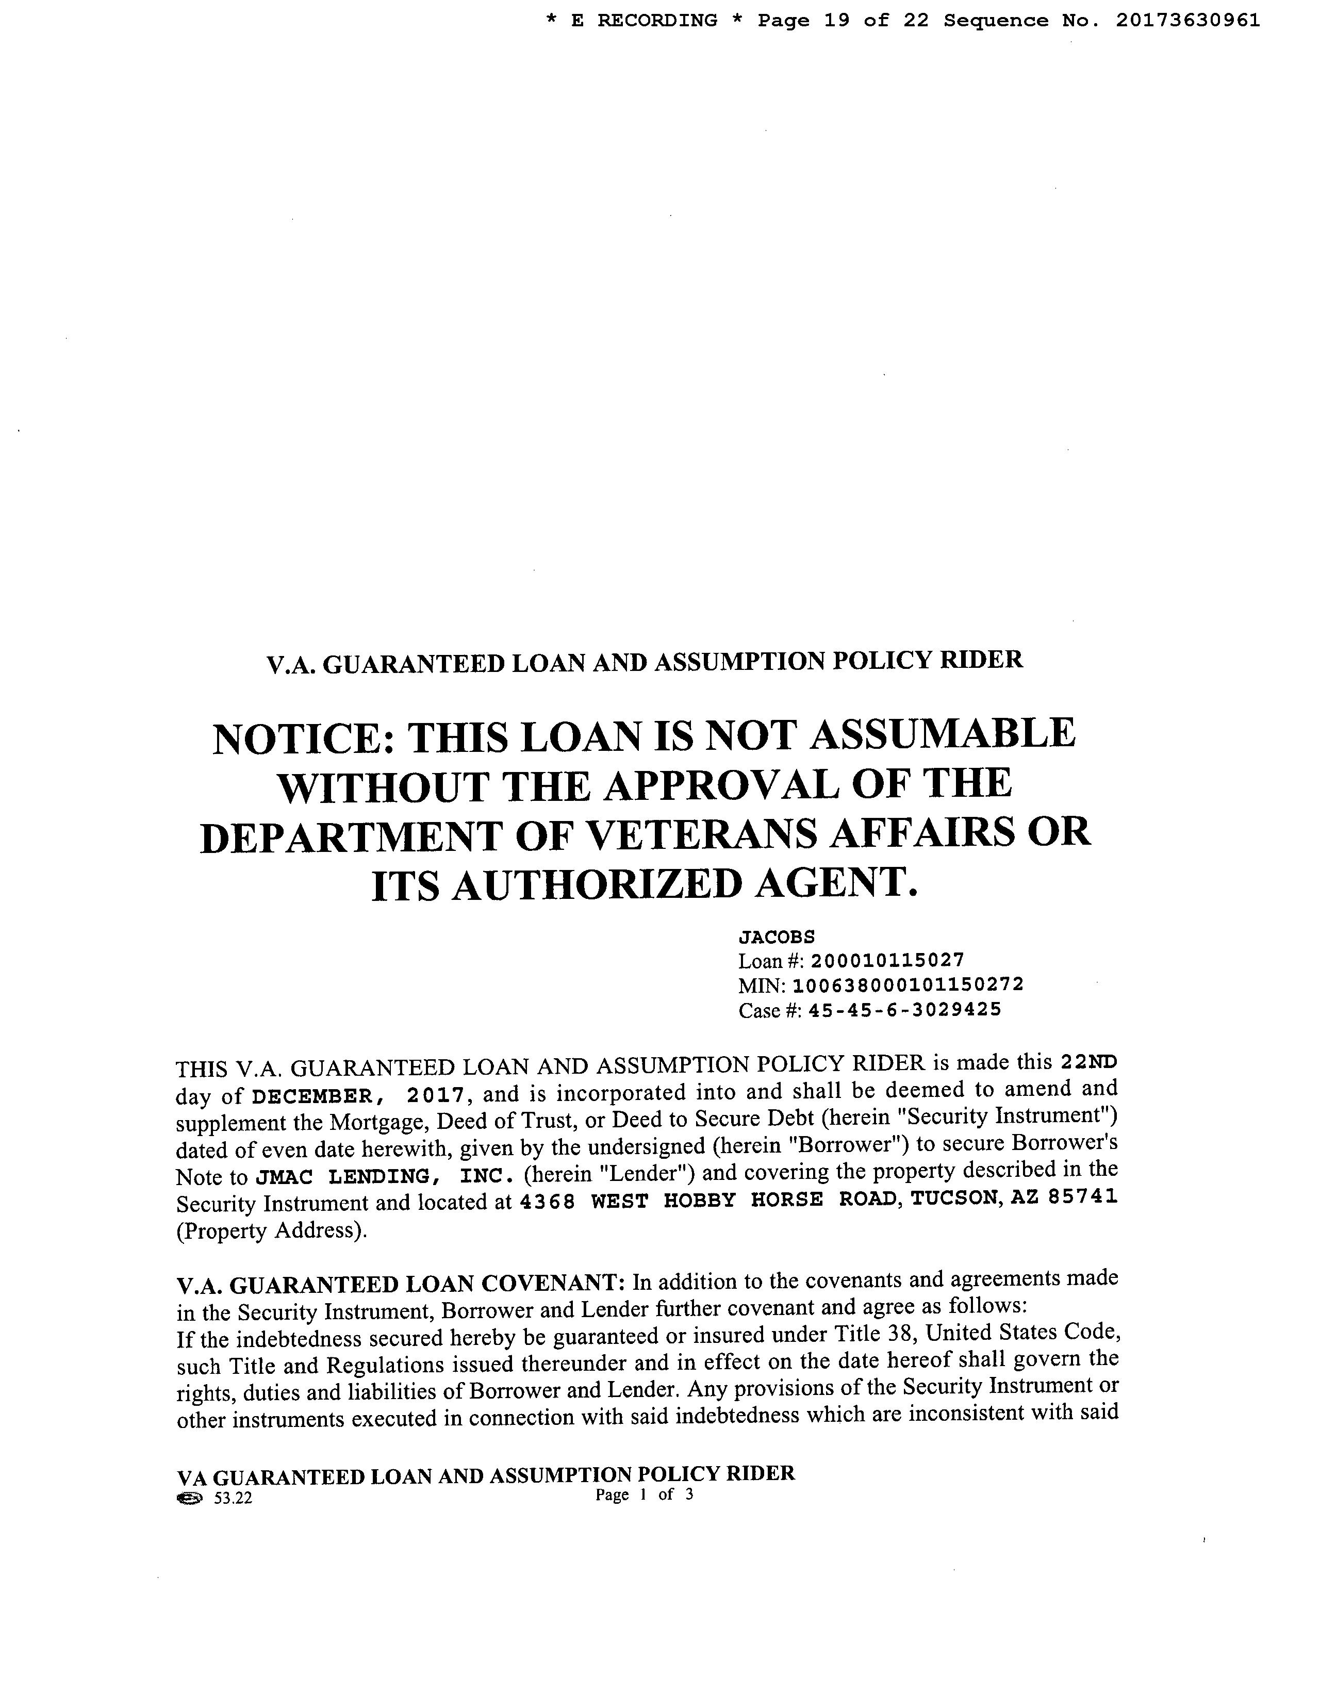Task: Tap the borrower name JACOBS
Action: pyautogui.click(x=777, y=937)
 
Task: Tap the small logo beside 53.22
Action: pyautogui.click(x=189, y=1499)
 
